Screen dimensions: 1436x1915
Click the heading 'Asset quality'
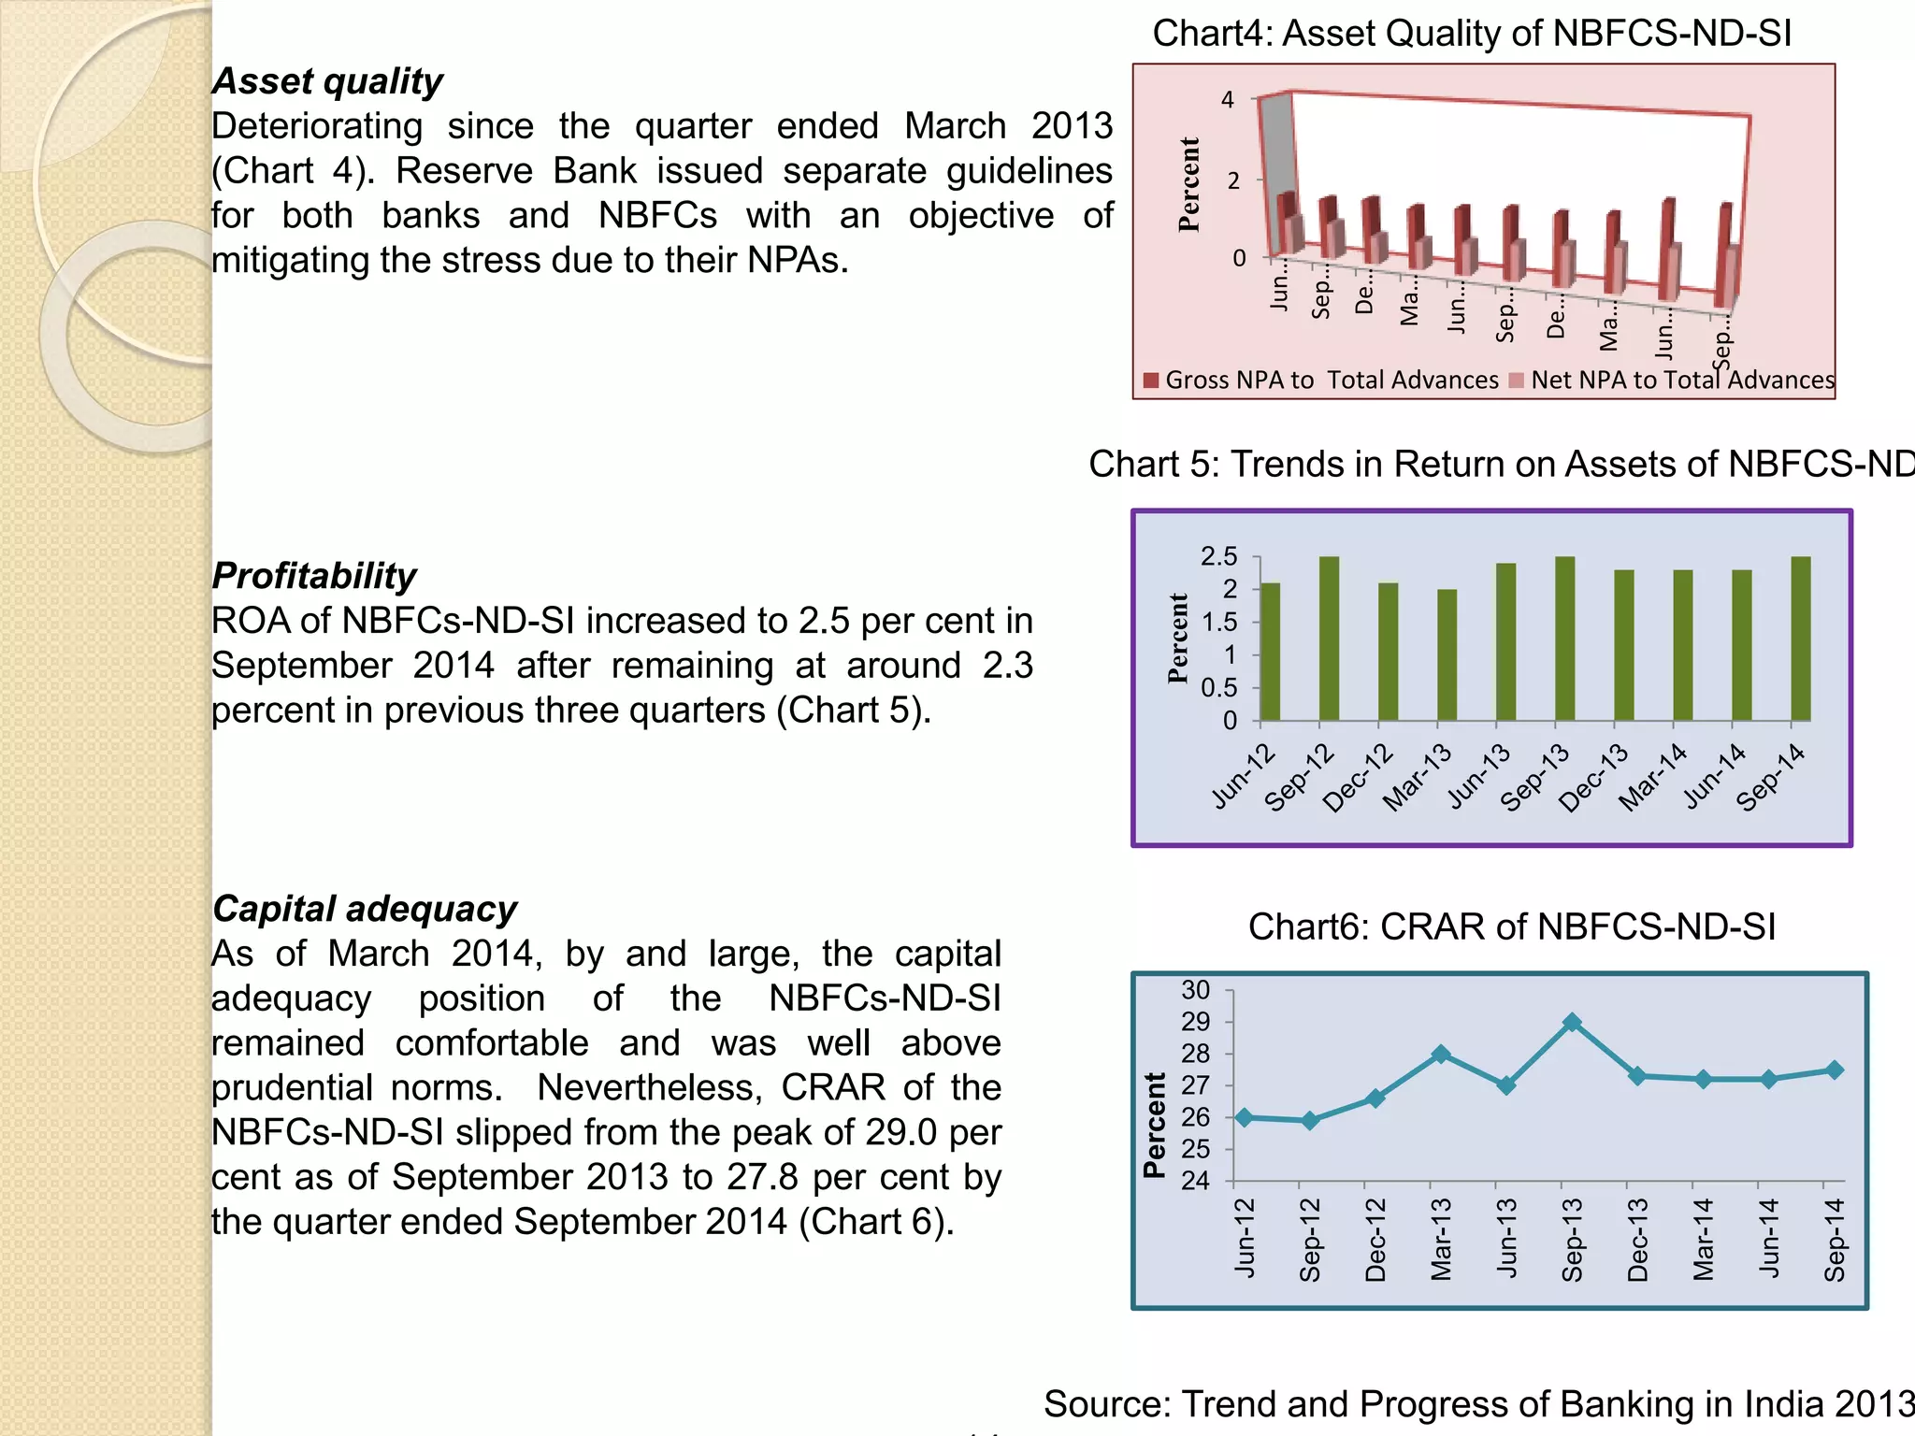click(x=327, y=81)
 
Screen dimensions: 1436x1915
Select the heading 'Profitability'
click(x=314, y=576)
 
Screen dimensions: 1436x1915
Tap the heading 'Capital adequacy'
click(x=365, y=909)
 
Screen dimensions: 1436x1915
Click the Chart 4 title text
click(x=1472, y=34)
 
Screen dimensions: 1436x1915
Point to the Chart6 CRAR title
click(x=1511, y=926)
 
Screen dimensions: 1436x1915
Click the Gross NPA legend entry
click(x=1320, y=381)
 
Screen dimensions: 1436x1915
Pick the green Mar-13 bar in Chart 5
click(x=1447, y=654)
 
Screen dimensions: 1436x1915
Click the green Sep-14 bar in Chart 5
click(x=1800, y=639)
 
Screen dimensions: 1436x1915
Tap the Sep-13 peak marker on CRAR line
click(x=1573, y=1023)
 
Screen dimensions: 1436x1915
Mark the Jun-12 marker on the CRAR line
click(x=1245, y=1117)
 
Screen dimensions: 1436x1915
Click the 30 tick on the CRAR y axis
click(x=1196, y=990)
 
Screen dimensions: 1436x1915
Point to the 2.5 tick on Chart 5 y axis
click(x=1218, y=557)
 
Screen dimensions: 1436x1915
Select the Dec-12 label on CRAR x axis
click(x=1375, y=1239)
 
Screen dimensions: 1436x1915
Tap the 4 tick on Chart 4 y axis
click(x=1228, y=99)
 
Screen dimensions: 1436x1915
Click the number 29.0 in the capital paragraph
click(x=900, y=1132)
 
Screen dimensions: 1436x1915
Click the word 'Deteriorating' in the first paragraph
click(x=317, y=126)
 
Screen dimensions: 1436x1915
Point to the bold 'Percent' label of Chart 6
click(x=1156, y=1125)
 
